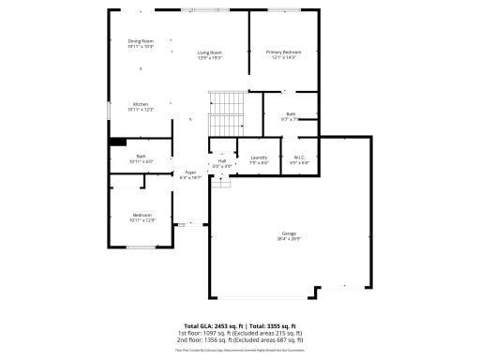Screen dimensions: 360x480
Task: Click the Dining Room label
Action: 141,41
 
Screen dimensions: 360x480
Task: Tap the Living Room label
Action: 209,52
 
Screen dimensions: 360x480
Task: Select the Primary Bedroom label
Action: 282,52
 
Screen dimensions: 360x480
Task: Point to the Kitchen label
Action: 141,104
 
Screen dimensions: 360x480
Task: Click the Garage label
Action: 289,233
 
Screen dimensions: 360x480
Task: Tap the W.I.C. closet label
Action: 299,157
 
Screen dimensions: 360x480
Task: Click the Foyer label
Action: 190,172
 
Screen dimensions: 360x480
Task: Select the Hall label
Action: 222,160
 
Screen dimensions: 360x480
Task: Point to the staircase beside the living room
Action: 225,114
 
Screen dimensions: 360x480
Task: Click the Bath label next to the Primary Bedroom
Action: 291,114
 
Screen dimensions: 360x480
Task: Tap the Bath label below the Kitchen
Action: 141,157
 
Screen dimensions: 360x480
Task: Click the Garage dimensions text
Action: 289,239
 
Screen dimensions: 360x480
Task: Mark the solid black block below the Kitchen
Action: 117,142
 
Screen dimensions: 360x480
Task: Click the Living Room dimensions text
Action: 209,58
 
